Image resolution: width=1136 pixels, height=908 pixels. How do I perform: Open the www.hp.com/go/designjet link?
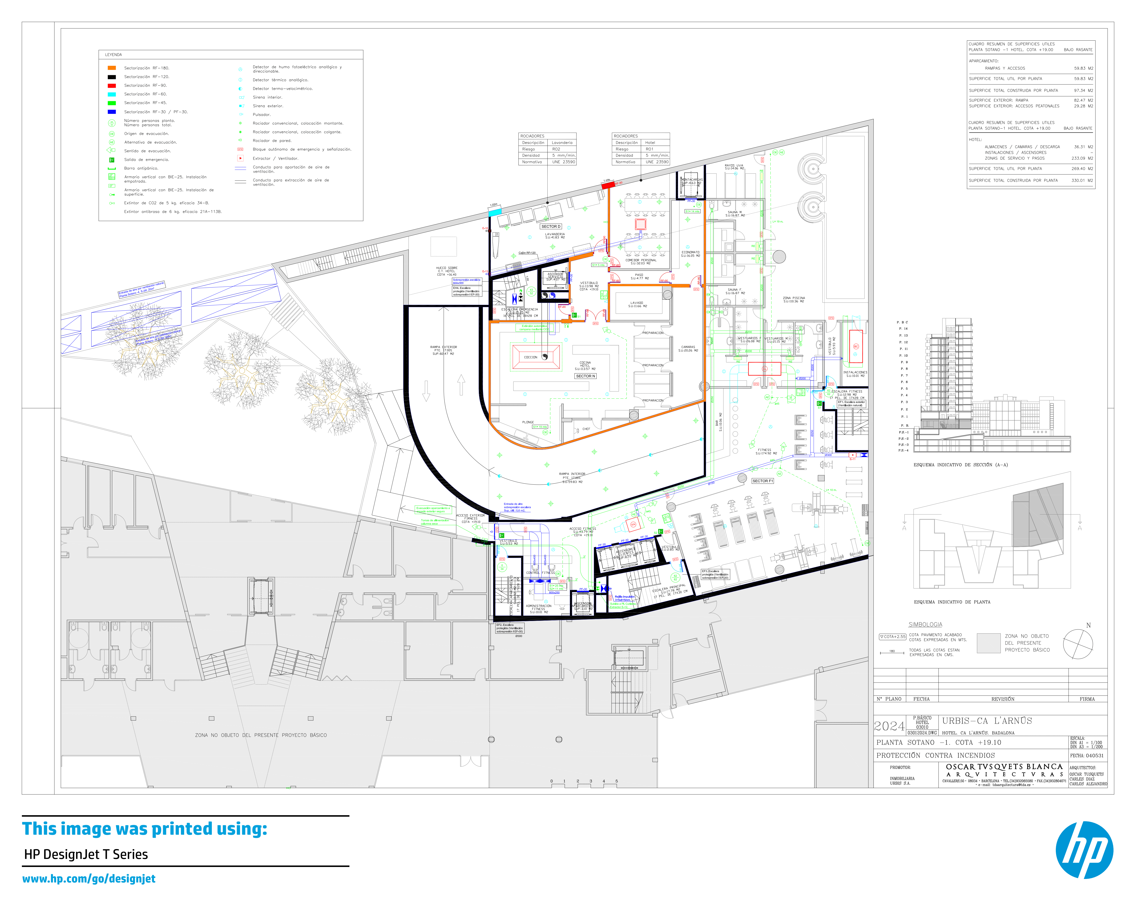[x=89, y=879]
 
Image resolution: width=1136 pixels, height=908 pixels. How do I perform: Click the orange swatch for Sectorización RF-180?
[x=112, y=68]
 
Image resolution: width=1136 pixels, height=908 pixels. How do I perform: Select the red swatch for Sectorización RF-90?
[x=112, y=85]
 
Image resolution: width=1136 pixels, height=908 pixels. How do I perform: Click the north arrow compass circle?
[x=1078, y=644]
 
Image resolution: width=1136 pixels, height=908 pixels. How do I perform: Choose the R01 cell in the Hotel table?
[x=650, y=149]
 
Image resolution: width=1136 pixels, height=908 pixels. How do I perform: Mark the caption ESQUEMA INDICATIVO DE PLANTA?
[x=952, y=602]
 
